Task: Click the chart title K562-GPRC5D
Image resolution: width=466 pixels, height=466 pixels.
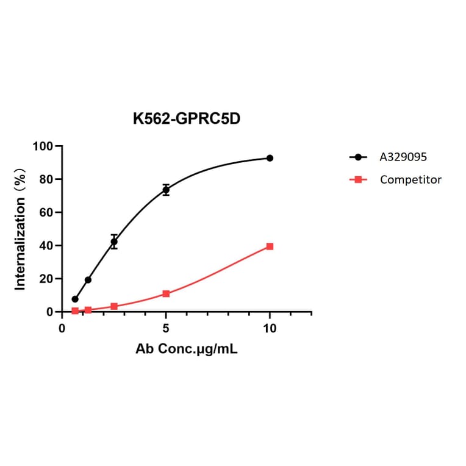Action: click(187, 119)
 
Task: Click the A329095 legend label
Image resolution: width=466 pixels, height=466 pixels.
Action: click(403, 157)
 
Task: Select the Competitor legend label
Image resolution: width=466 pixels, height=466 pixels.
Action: click(410, 179)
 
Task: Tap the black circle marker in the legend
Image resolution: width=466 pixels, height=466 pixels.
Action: click(359, 157)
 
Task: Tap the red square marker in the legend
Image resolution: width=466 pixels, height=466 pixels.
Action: click(359, 179)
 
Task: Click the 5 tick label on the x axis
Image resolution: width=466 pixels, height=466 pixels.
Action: click(166, 328)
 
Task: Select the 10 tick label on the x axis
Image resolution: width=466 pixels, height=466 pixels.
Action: click(270, 328)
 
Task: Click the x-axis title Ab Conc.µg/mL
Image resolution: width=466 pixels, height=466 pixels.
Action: click(186, 351)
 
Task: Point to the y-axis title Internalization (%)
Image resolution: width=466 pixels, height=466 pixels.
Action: click(21, 229)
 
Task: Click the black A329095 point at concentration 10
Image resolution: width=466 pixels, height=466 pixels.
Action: click(270, 158)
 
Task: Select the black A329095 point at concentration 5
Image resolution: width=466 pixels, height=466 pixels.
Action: click(166, 190)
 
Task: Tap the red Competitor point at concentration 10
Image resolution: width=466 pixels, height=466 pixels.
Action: click(270, 246)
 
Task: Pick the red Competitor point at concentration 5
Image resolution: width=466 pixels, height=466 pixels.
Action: click(166, 294)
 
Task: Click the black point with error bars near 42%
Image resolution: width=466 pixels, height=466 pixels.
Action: click(114, 242)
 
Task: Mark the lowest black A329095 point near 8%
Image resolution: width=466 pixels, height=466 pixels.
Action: click(75, 299)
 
